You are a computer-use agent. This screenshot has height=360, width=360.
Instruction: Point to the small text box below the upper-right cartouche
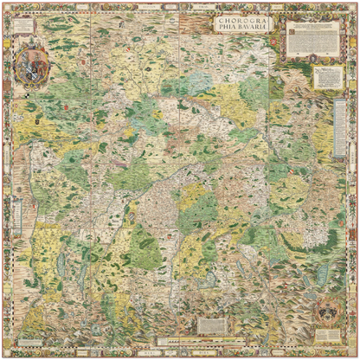[328, 79]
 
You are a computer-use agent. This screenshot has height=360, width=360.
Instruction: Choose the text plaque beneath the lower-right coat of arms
[327, 333]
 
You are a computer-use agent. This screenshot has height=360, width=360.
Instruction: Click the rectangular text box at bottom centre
[212, 326]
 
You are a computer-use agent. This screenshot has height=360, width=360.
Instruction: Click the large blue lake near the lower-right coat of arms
[322, 275]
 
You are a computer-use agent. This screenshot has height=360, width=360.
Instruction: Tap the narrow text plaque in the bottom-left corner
[26, 339]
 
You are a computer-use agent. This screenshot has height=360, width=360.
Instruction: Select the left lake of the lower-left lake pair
[61, 265]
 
